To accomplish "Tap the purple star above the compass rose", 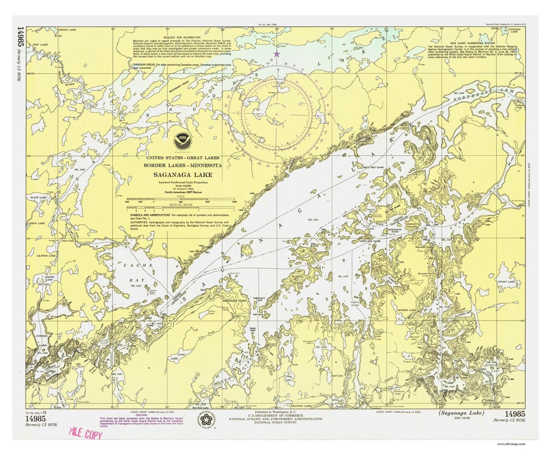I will (277, 54).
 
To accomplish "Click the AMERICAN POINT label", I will (235, 300).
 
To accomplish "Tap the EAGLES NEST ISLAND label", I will (373, 167).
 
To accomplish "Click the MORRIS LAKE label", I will (407, 310).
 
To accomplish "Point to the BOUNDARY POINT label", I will (179, 87).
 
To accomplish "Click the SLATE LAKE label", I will (39, 198).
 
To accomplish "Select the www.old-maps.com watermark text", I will (512, 444).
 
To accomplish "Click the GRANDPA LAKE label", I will (301, 406).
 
